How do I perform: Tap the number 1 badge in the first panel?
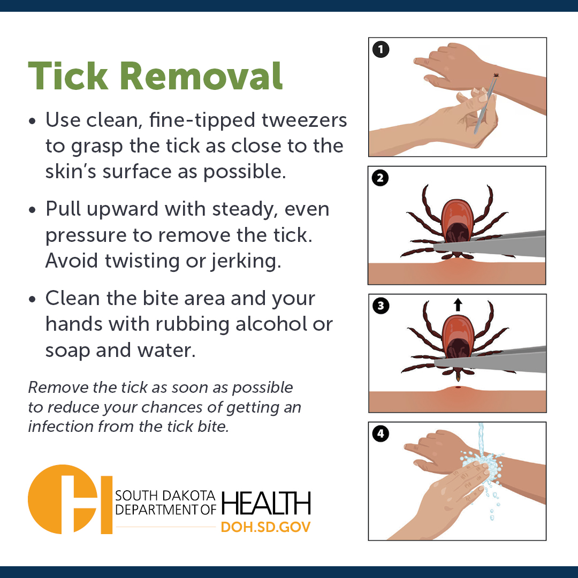381,49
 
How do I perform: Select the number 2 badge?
380,178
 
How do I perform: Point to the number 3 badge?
381,306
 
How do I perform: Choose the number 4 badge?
381,434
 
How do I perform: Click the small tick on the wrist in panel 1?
496,75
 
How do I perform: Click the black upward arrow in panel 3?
458,305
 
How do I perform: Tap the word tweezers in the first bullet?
304,120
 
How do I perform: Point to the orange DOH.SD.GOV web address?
266,527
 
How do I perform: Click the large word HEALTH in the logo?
266,503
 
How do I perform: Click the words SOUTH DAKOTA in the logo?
165,496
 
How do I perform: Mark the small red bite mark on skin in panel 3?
458,387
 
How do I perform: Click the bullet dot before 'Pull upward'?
33,210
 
